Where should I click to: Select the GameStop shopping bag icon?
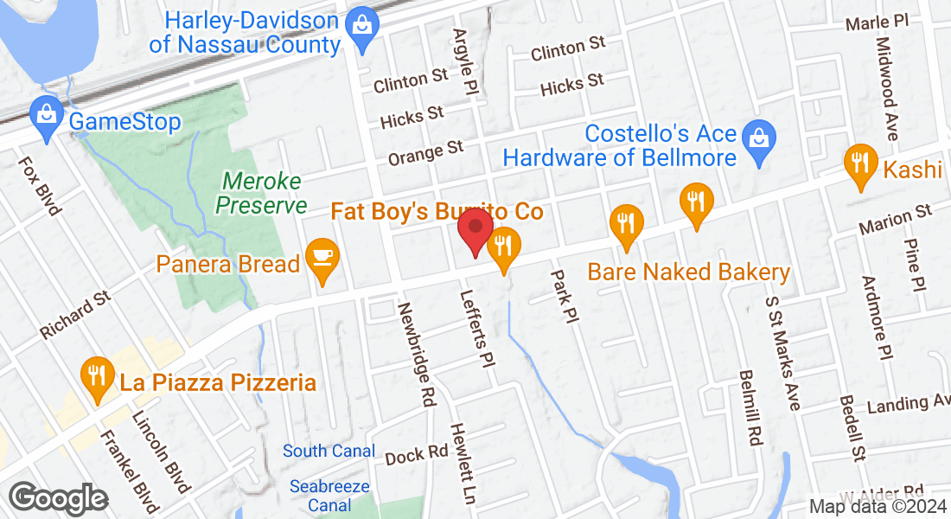[x=45, y=114]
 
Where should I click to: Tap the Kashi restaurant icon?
[x=859, y=163]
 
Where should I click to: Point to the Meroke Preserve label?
[x=261, y=193]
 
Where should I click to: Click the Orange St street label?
[x=426, y=153]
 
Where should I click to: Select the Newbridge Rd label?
[x=416, y=354]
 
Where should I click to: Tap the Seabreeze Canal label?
[x=329, y=495]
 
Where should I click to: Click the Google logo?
[x=58, y=498]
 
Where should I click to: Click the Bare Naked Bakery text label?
[x=688, y=272]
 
